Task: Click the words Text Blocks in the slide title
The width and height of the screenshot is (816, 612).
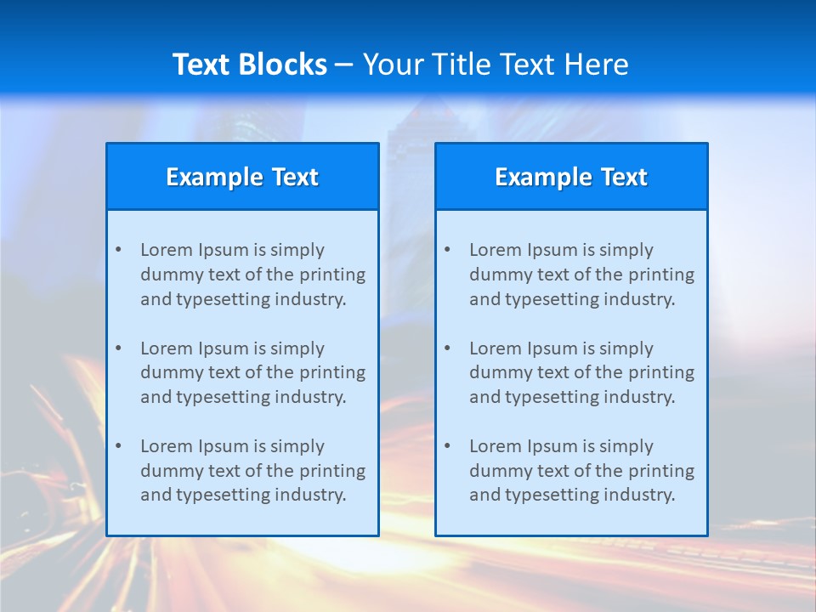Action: point(249,65)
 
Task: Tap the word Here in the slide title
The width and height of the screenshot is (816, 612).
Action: point(597,65)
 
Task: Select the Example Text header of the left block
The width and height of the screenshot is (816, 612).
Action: point(242,177)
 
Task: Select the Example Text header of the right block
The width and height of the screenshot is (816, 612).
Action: point(571,177)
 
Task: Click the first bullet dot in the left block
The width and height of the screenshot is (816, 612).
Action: point(118,250)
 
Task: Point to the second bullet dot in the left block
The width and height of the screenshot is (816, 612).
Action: point(118,348)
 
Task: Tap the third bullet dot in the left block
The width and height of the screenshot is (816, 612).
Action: point(118,446)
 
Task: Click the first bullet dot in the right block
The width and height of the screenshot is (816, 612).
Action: point(447,250)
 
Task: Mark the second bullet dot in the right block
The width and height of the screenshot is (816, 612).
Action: point(447,348)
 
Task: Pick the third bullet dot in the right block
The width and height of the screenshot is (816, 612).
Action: point(447,446)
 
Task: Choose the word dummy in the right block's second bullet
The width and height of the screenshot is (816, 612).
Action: point(498,372)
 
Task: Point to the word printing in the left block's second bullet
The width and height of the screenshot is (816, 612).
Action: point(333,372)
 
